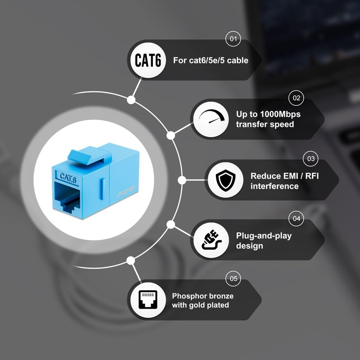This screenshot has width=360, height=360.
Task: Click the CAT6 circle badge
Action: (148, 60)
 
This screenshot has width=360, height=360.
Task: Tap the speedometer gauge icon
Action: (211, 116)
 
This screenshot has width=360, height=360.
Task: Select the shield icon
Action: (225, 180)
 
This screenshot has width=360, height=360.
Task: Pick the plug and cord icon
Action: (211, 240)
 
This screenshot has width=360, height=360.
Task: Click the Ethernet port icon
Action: (148, 300)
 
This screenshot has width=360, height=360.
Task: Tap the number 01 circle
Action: (233, 39)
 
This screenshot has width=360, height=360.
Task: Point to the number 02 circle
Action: (296, 98)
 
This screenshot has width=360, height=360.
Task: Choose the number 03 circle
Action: (310, 159)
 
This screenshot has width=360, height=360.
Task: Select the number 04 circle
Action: (296, 218)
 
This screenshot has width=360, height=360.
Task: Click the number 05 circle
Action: (233, 279)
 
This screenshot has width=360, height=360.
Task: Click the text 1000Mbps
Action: (280, 114)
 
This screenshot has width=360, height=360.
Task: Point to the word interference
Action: (274, 186)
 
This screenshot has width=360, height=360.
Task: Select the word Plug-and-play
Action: (264, 236)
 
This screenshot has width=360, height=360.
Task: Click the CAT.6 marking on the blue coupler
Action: (68, 178)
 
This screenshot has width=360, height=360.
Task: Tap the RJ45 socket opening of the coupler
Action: (67, 197)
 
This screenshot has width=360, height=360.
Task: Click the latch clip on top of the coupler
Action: (90, 156)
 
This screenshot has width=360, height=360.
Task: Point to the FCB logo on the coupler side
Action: (126, 192)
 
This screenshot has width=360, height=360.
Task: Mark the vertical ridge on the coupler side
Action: (103, 189)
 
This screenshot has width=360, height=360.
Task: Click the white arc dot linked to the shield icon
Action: (182, 180)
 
